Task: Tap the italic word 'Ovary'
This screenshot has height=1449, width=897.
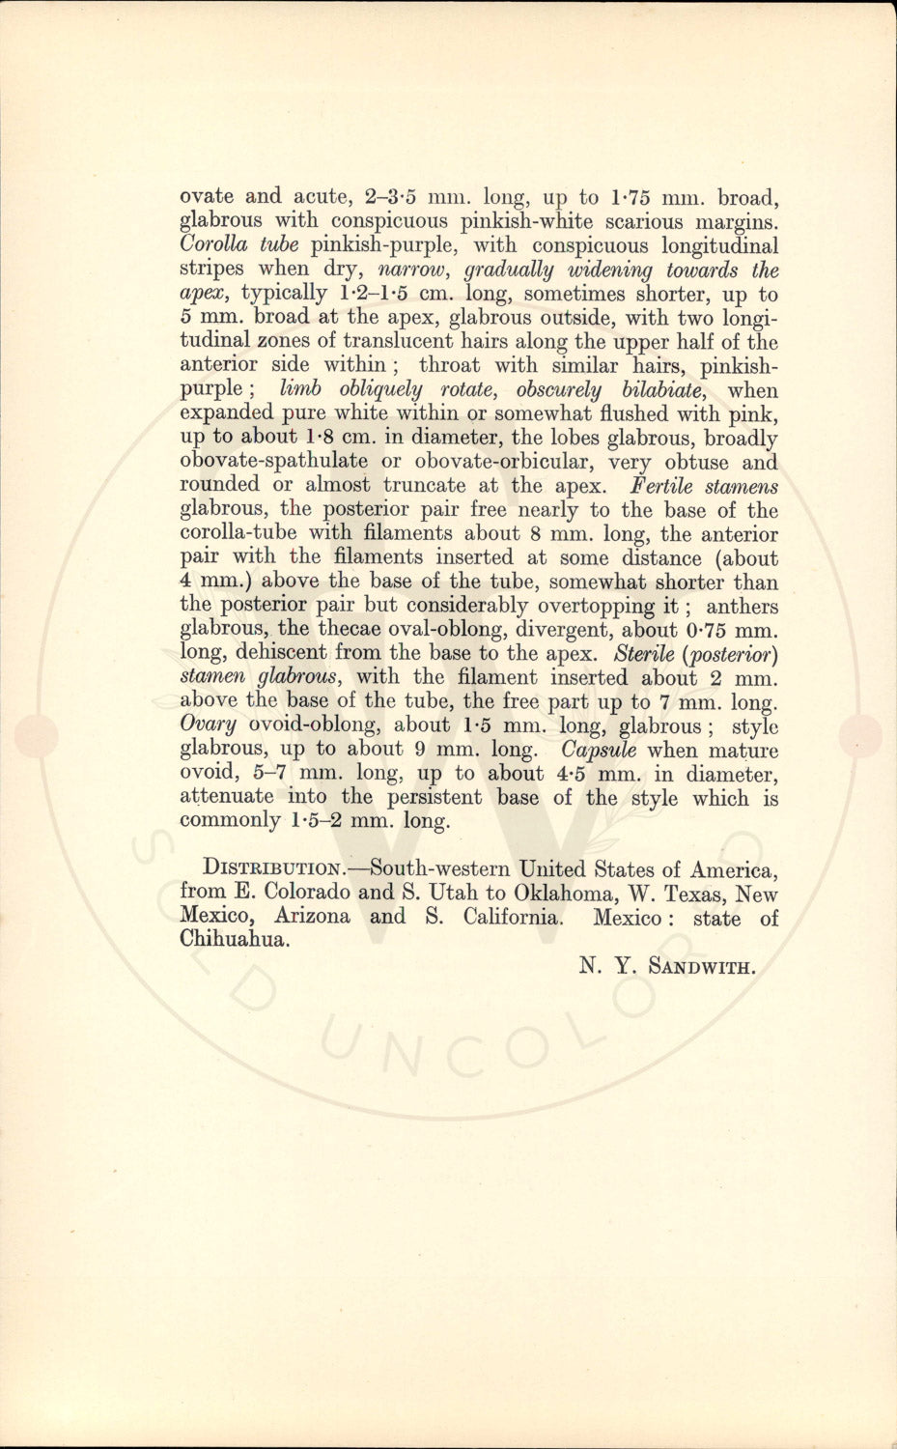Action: (x=208, y=725)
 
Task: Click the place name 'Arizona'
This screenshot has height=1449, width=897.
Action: (x=312, y=917)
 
